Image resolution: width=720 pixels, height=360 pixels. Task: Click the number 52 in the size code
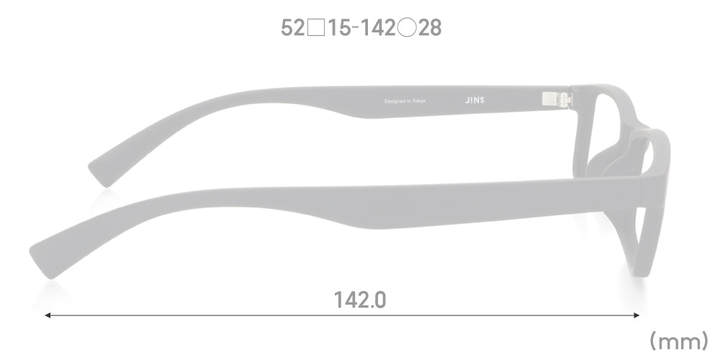[292, 28]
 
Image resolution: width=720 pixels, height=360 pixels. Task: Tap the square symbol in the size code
[316, 28]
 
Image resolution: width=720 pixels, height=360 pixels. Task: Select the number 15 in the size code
[340, 28]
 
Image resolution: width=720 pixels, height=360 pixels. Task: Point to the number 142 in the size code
[377, 28]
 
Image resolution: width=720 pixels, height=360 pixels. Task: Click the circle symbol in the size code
[407, 28]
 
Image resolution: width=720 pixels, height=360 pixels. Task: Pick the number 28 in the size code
[430, 28]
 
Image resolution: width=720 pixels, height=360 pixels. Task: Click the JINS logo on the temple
[474, 100]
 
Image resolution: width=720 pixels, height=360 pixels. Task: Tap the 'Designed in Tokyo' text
[405, 101]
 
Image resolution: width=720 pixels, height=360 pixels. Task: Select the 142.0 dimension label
[360, 300]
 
